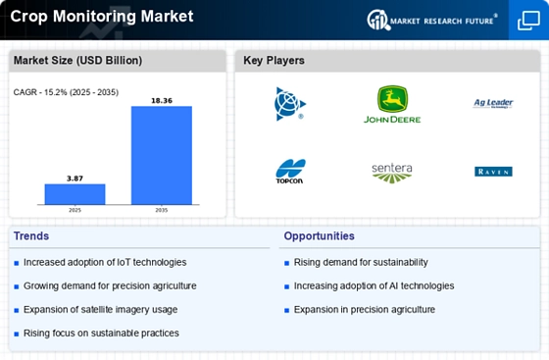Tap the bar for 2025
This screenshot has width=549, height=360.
(x=75, y=193)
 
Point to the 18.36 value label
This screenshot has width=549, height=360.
(x=162, y=99)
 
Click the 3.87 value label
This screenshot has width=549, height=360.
(x=75, y=177)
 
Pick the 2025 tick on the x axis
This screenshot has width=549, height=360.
(x=75, y=210)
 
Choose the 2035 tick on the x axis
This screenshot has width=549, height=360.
(x=162, y=210)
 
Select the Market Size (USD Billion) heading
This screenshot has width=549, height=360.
(x=77, y=61)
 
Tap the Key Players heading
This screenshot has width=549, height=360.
(x=274, y=61)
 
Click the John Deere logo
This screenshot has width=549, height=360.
(x=392, y=103)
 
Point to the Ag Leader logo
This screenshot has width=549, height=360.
(x=493, y=103)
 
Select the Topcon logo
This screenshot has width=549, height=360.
(x=290, y=172)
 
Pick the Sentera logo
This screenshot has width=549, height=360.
(x=392, y=172)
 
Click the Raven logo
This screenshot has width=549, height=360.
(x=493, y=172)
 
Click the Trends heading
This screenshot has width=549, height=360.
(x=32, y=236)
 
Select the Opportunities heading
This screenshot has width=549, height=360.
(x=320, y=236)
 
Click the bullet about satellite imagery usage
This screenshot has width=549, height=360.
(x=100, y=310)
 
